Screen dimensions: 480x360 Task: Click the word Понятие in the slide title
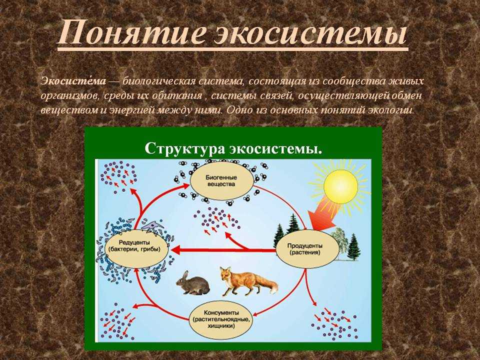pyautogui.click(x=128, y=32)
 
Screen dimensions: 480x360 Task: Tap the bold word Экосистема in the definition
pyautogui.click(x=73, y=81)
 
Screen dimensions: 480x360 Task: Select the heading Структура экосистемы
pyautogui.click(x=233, y=148)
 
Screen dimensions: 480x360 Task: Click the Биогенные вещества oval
pyautogui.click(x=222, y=181)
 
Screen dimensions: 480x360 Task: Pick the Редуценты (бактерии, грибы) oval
pyautogui.click(x=136, y=248)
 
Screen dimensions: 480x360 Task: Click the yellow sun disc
pyautogui.click(x=340, y=187)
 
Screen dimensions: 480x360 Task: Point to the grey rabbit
pyautogui.click(x=193, y=283)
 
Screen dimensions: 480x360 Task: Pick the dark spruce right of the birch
pyautogui.click(x=354, y=247)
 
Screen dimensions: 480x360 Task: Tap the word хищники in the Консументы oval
pyautogui.click(x=220, y=326)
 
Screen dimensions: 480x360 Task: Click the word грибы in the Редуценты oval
pyautogui.click(x=152, y=249)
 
